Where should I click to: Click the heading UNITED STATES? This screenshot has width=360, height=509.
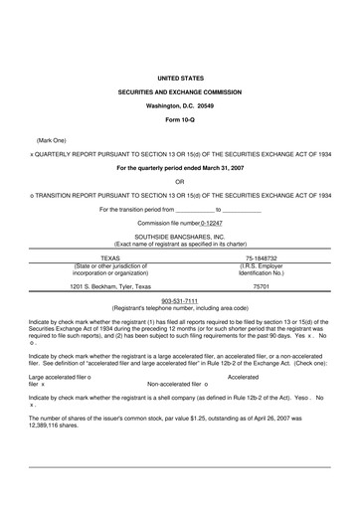pos(180,76)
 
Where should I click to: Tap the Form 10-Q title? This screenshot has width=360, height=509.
pos(180,118)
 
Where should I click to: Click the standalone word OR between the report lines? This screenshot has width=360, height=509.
pos(179,181)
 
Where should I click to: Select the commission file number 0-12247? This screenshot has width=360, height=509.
pos(220,224)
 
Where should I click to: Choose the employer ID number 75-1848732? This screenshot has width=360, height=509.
pos(262,256)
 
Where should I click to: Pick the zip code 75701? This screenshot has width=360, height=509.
pos(262,286)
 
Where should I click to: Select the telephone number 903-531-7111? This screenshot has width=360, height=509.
pos(180,301)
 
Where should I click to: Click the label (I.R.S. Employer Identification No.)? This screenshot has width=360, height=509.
pos(262,270)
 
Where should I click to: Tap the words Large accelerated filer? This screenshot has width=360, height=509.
pos(58,377)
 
